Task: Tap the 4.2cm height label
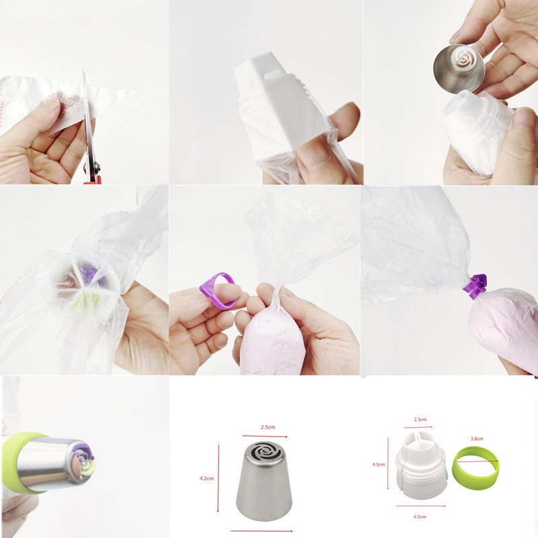point(207,478)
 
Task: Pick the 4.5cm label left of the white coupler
point(378,463)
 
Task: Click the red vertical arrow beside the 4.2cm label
point(219,477)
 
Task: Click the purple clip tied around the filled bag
point(476,287)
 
